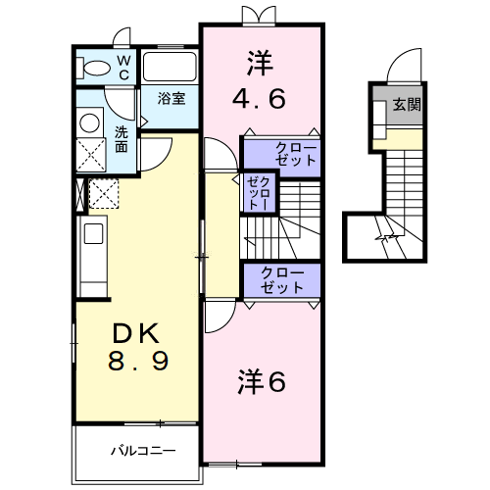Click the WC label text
point(125,67)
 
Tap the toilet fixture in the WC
point(96,68)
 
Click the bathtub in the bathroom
point(170,68)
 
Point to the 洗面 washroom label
point(122,139)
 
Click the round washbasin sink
point(91,122)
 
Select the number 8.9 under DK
point(138,361)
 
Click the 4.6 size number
point(261,97)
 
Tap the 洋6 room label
point(262,382)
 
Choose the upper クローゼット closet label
point(289,153)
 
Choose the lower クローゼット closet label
point(281,280)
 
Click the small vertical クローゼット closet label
point(258,192)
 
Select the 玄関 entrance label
point(408,104)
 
